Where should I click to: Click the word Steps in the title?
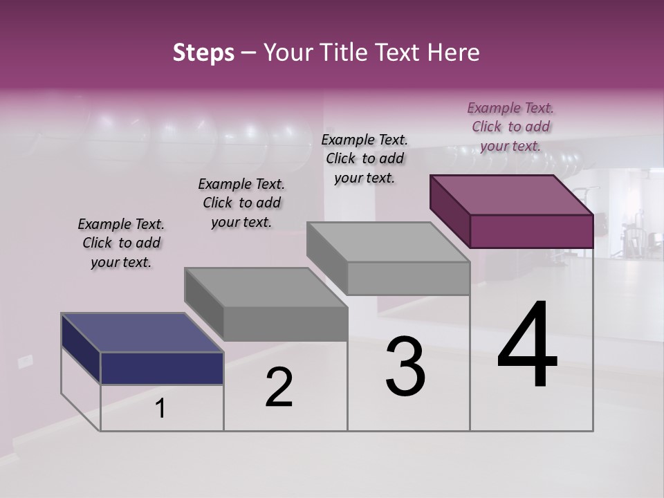203,53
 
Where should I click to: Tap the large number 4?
528,345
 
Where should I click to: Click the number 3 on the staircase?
405,367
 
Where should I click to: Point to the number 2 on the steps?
279,387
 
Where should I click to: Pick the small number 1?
160,409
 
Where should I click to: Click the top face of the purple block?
511,195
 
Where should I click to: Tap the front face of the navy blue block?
162,368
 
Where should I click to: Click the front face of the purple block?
531,231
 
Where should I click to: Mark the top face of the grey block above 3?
388,242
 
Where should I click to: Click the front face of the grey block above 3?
408,278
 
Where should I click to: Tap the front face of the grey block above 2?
285,324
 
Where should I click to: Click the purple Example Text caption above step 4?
510,127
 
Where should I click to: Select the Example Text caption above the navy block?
121,243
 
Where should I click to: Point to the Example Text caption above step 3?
365,158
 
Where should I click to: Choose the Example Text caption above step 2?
241,203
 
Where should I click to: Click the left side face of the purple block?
450,210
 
